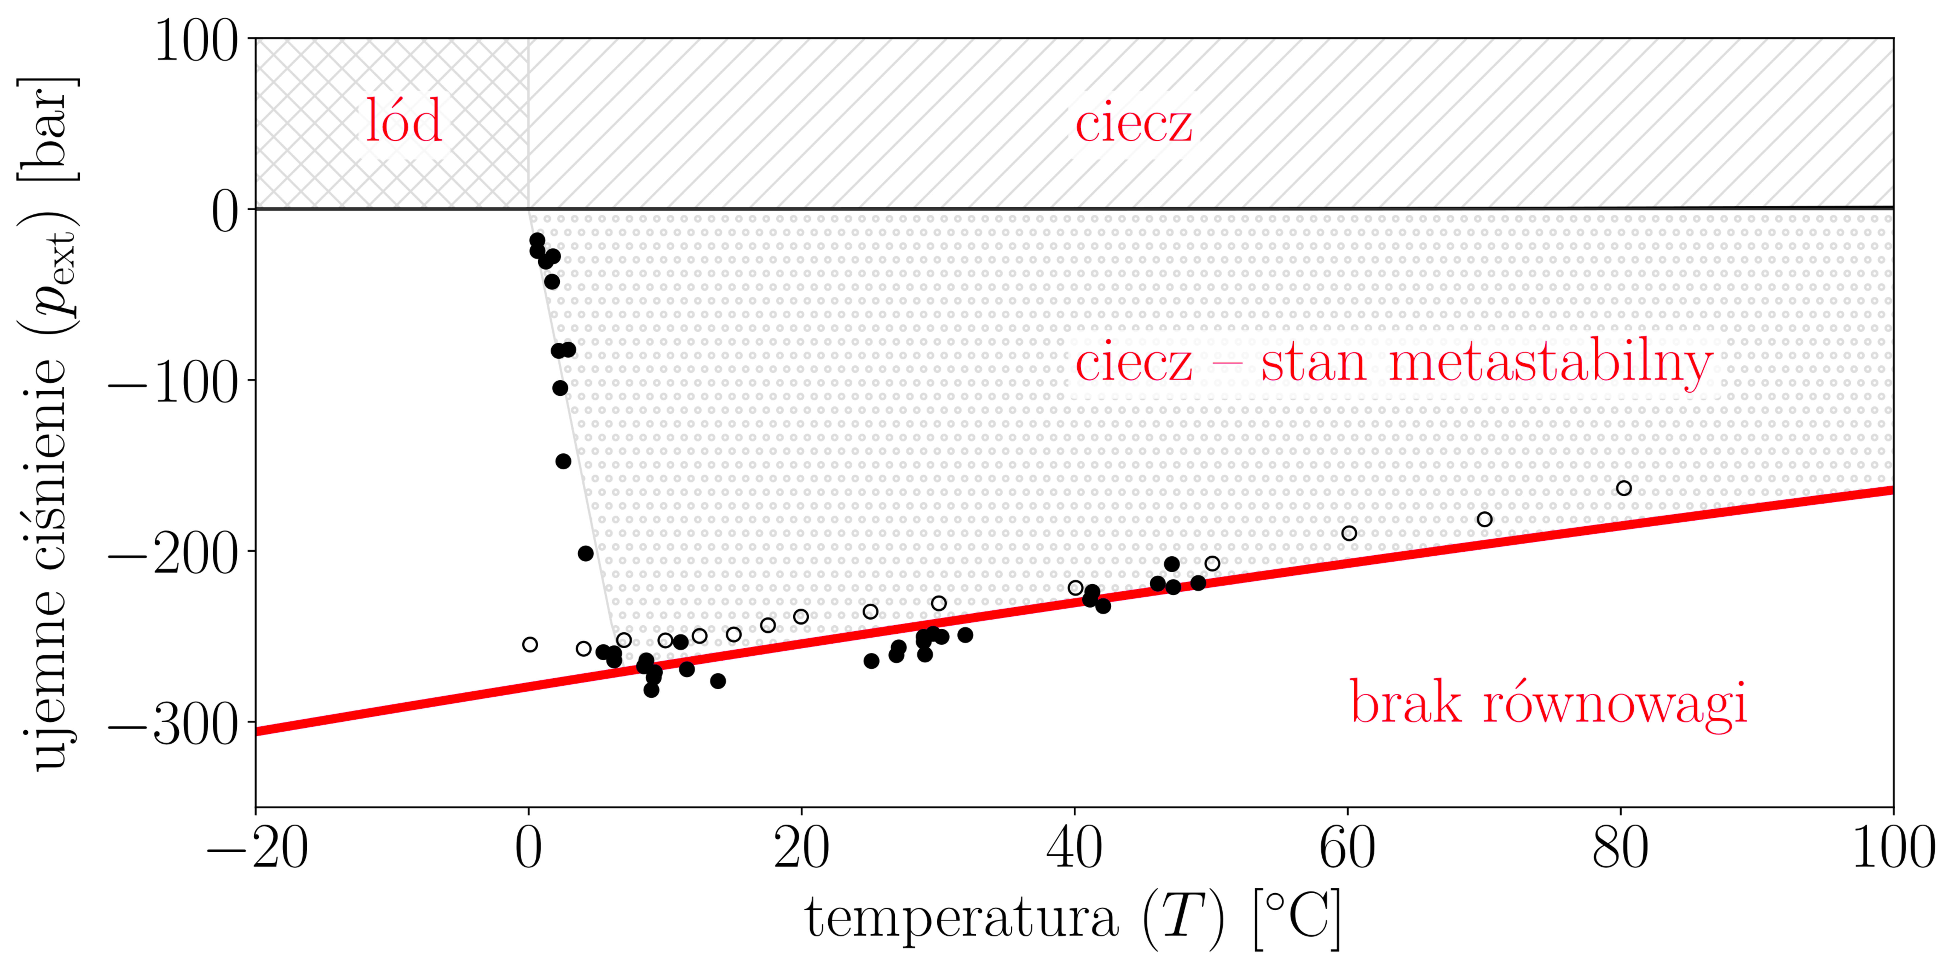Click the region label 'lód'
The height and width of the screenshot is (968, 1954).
[x=404, y=121]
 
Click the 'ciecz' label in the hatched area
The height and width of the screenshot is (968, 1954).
[x=1133, y=124]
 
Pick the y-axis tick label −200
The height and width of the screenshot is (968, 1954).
[x=173, y=553]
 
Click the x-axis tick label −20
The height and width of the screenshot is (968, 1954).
[x=256, y=849]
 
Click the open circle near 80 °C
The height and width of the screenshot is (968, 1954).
[x=1623, y=488]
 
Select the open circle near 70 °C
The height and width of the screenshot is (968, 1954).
[x=1484, y=519]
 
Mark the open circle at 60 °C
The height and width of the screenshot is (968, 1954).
[x=1349, y=534]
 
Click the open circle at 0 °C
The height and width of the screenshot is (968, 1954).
[x=530, y=644]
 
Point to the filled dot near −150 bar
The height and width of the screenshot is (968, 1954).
[x=563, y=461]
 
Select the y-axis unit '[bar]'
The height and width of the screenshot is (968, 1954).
[x=47, y=129]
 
